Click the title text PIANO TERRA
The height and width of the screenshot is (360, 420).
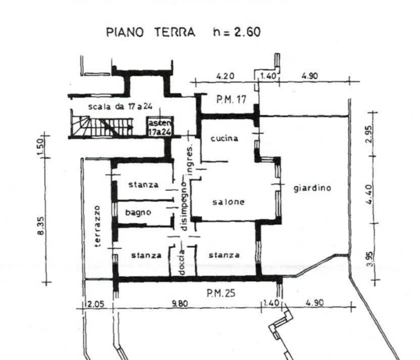coord(151,32)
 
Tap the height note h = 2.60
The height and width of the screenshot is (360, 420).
coord(236,32)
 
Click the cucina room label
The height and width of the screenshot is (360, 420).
coord(224,139)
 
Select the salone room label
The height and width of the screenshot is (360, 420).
coord(229,202)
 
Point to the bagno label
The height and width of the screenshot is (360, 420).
coord(138,212)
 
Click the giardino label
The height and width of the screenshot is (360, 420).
coord(313,188)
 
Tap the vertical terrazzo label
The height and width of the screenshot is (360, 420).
coord(98,226)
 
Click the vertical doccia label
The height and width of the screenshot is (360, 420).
coord(182,262)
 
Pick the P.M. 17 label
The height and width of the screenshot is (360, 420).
coord(231,100)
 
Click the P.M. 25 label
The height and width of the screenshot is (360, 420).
coord(221,293)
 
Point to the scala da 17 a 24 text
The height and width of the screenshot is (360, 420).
coord(120,107)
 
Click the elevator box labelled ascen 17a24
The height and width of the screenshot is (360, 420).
coord(160,127)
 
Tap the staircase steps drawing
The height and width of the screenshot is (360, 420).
coord(103,127)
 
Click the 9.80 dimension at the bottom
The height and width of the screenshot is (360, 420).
coord(180,304)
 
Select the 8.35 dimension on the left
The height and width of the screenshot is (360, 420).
coord(40,226)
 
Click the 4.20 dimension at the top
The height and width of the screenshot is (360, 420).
coord(225,76)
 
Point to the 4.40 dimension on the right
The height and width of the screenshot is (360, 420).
coord(369,194)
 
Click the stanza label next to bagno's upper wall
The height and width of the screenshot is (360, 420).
coord(143,185)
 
